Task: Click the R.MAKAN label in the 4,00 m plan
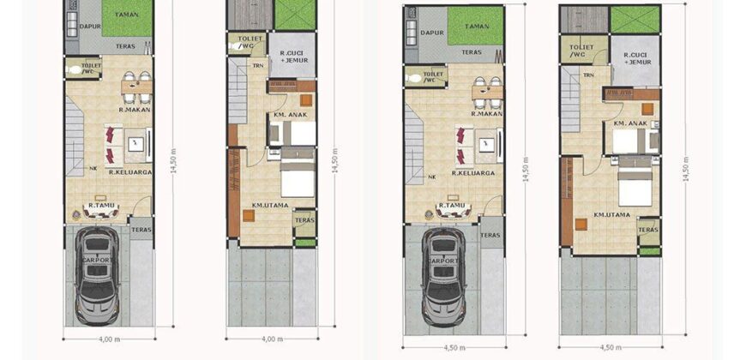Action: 135,110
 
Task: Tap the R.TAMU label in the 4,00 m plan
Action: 102,205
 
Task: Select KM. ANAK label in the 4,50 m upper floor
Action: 629,123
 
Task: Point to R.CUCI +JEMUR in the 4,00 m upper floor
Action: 293,58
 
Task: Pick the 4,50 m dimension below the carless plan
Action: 611,347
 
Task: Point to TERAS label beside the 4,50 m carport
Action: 490,234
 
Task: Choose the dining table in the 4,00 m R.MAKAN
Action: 137,83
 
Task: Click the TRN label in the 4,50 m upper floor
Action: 589,75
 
